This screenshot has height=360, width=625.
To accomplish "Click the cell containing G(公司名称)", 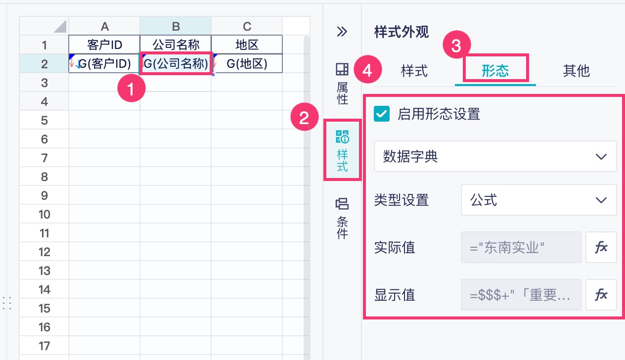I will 176,64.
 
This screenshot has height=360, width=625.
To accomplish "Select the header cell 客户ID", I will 104,45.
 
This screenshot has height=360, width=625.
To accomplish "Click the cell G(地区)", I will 247,64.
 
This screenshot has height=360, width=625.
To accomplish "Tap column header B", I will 176,26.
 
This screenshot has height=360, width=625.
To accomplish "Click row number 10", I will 45,214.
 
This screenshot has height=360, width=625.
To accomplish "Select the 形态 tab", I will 495,71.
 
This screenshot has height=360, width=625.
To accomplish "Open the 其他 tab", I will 576,71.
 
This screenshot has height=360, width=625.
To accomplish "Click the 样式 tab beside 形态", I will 414,71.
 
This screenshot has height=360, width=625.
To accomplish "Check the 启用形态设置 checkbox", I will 382,114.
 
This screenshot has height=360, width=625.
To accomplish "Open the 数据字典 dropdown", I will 495,157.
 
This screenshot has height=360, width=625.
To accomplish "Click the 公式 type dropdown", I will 538,200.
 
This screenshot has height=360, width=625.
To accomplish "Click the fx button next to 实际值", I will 601,247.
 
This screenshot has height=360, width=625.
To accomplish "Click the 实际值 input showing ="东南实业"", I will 521,247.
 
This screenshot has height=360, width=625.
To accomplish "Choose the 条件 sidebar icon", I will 342,218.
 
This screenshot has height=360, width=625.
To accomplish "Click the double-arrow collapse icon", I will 342,32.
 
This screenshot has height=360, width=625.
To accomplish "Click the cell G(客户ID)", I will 104,64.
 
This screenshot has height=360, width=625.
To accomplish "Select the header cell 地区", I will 247,45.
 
